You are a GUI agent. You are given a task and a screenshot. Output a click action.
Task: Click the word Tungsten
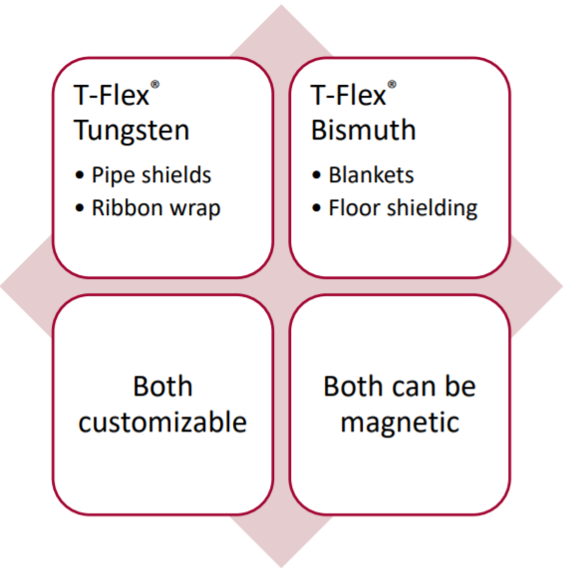point(132,131)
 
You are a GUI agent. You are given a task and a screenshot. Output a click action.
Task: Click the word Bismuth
point(364,130)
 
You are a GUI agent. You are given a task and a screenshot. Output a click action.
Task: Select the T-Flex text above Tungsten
point(112,95)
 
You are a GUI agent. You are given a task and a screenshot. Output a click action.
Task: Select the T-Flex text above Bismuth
point(348,95)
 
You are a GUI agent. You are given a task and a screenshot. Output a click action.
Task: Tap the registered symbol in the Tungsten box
point(154,85)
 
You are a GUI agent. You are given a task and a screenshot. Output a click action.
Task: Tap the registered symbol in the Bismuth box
point(392,85)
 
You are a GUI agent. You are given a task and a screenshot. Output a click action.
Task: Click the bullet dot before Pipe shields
point(80,175)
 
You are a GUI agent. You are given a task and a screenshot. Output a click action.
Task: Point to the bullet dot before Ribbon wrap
point(80,208)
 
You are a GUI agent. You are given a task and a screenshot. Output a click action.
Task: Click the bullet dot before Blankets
point(316,175)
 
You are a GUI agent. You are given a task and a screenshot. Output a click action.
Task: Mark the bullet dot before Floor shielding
point(316,208)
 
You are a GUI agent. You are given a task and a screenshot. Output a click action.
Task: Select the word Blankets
point(372,175)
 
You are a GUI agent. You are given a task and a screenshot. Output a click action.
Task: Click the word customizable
point(162,423)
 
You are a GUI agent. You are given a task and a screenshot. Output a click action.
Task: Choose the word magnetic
point(400,424)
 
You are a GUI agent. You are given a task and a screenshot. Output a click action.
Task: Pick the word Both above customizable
point(162,387)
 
